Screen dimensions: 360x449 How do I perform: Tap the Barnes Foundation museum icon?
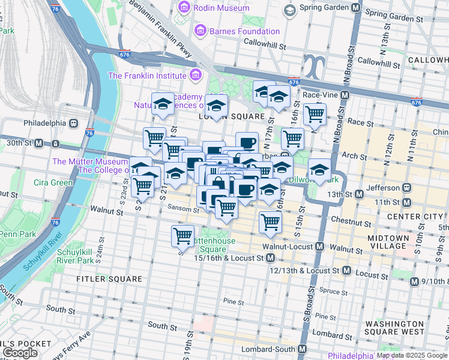pyautogui.click(x=200, y=31)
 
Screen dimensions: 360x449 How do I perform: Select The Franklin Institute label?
pyautogui.click(x=146, y=76)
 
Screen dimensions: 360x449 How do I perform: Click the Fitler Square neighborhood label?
pyautogui.click(x=109, y=279)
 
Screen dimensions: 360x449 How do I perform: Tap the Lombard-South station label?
pyautogui.click(x=268, y=349)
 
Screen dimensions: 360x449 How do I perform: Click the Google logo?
pyautogui.click(x=20, y=353)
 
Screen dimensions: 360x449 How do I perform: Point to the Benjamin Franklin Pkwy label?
pyautogui.click(x=164, y=28)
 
